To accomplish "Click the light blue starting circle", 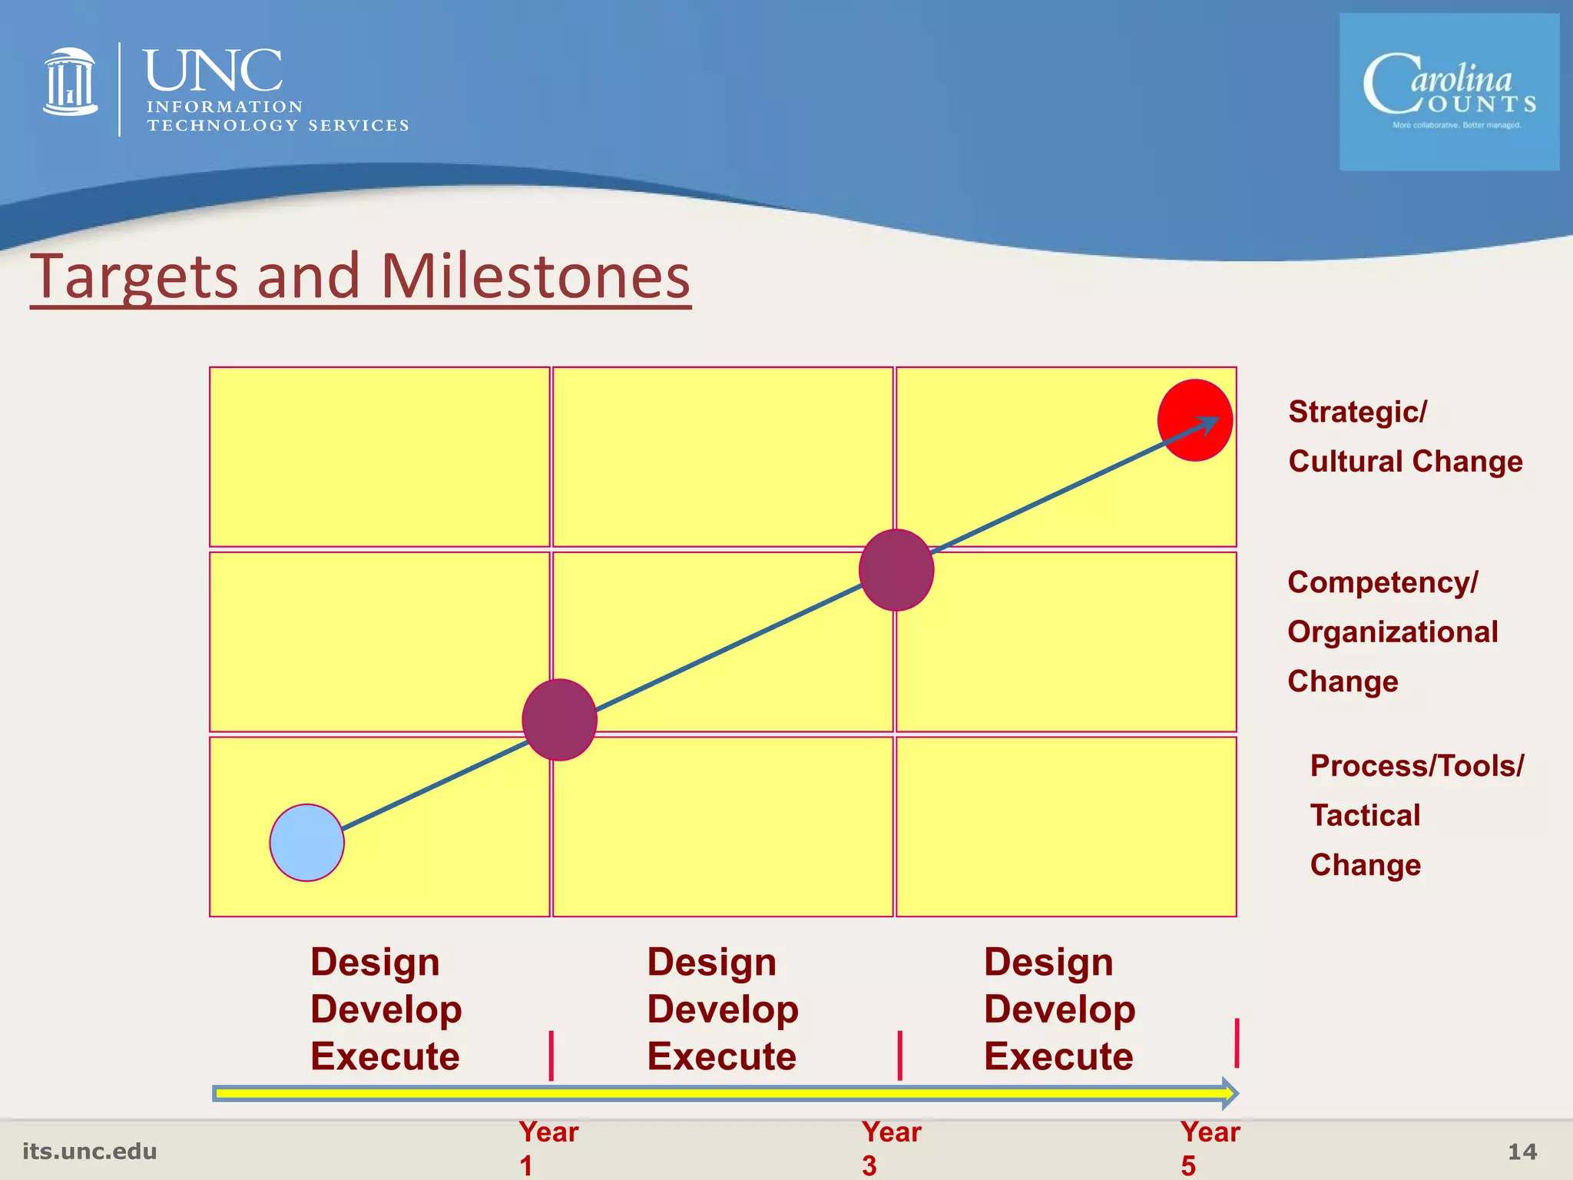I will (x=306, y=842).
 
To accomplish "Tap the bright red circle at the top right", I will (x=1194, y=420).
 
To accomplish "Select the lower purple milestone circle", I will (x=559, y=720).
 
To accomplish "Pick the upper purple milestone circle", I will (x=896, y=570).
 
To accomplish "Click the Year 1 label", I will (x=547, y=1148).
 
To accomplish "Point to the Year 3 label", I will (x=890, y=1148).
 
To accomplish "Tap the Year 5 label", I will (x=1210, y=1148).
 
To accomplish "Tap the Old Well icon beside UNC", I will (x=71, y=82).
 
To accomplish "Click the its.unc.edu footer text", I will (x=90, y=1151).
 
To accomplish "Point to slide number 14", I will (x=1522, y=1152).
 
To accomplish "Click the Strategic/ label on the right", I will (x=1357, y=412).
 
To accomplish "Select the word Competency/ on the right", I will (x=1382, y=582).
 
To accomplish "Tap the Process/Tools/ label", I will (x=1416, y=766).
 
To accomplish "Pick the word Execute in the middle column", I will (x=721, y=1056).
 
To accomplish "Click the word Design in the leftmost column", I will (x=375, y=962).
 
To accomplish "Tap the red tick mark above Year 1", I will (x=551, y=1056).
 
